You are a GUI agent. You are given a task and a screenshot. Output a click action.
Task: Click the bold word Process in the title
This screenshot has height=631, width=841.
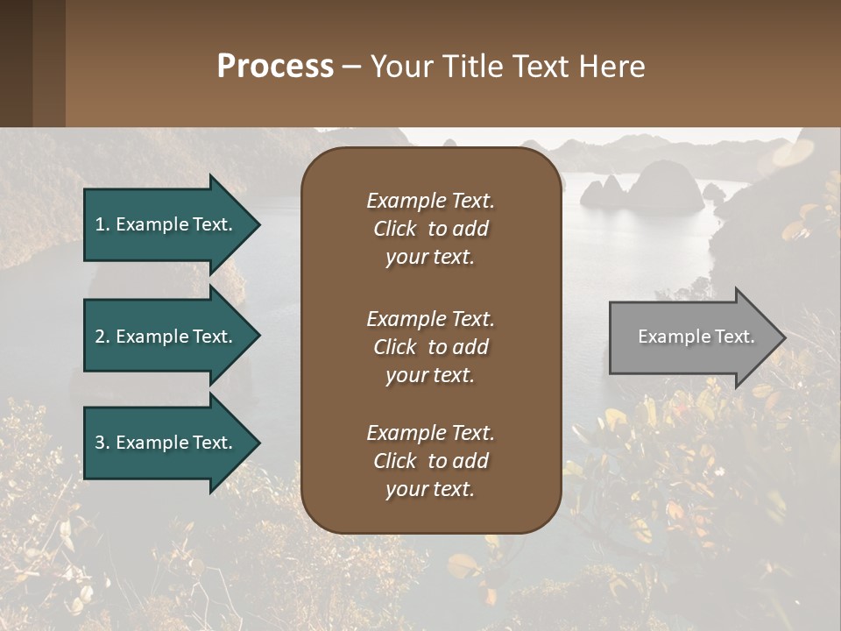click(x=275, y=67)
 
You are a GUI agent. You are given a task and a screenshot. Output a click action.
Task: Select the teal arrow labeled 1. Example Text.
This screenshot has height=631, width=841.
click(x=166, y=224)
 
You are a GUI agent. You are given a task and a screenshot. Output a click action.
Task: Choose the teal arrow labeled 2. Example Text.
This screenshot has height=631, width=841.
click(x=166, y=337)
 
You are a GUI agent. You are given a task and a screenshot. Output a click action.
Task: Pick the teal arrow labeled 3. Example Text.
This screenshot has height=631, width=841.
click(x=166, y=443)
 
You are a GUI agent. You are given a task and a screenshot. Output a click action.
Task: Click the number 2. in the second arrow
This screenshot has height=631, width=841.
click(x=102, y=337)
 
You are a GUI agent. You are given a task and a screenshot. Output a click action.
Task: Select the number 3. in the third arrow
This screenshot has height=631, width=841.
click(x=102, y=443)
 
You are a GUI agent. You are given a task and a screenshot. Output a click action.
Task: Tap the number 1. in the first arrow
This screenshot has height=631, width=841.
click(x=102, y=224)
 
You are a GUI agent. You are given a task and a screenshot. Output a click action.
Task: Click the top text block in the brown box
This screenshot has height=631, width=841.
click(x=430, y=229)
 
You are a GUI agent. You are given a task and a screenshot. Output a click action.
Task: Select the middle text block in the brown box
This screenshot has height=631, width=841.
click(x=430, y=347)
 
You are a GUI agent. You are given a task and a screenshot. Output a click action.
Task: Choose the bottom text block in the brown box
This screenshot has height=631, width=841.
click(x=430, y=461)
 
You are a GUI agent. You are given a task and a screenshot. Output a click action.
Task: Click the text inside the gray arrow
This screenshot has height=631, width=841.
click(x=696, y=337)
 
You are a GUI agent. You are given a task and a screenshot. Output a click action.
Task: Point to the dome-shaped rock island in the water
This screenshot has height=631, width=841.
click(x=665, y=186)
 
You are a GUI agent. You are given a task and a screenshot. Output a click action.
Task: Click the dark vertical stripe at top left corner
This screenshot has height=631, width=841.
click(x=16, y=63)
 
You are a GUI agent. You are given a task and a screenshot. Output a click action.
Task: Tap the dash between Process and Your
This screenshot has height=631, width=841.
click(x=351, y=67)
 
